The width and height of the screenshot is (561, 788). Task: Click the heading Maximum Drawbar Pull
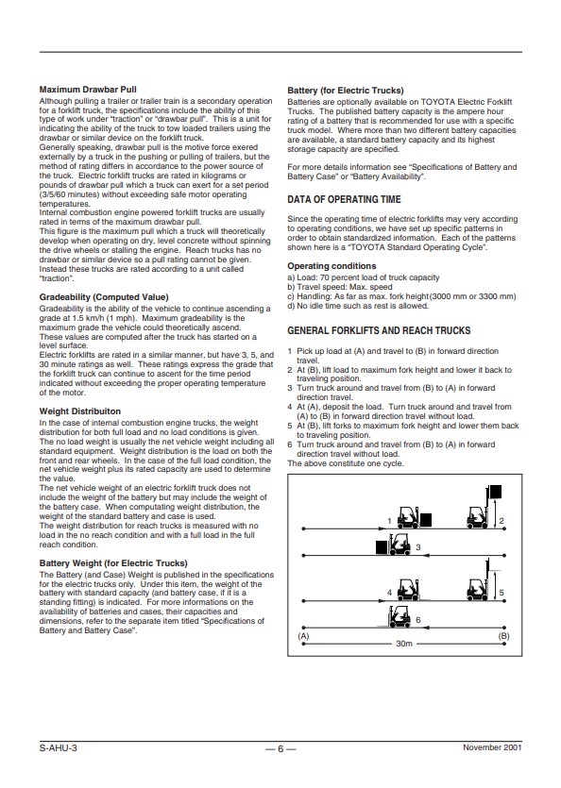[x=88, y=90]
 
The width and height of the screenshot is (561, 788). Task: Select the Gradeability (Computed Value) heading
[x=104, y=297]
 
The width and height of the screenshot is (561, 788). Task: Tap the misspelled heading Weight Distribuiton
[x=80, y=411]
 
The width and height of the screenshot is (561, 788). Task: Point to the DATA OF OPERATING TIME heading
[x=344, y=199]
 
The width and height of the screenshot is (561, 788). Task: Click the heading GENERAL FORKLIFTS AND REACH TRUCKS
[x=379, y=330]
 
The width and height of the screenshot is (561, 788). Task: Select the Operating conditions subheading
[x=331, y=266]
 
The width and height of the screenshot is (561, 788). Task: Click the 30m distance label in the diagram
[x=404, y=644]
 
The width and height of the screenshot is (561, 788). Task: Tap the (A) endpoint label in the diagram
[x=303, y=636]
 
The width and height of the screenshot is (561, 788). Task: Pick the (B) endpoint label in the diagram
[x=503, y=636]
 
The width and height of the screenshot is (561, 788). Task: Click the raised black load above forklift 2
[x=495, y=491]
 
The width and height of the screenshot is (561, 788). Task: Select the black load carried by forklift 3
[x=382, y=547]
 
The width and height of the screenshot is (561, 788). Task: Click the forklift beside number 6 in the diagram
[x=400, y=615]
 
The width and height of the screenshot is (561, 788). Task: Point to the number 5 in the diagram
[x=501, y=593]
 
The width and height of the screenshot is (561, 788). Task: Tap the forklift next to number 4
[x=408, y=590]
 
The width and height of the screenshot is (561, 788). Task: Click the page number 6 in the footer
[x=280, y=748]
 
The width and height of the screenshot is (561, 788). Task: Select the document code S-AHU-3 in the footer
[x=59, y=747]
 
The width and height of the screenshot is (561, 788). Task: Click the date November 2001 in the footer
[x=492, y=747]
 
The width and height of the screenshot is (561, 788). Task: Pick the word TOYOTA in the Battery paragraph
[x=437, y=102]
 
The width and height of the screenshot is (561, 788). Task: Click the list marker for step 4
[x=290, y=407]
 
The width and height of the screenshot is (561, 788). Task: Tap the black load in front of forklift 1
[x=426, y=520]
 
